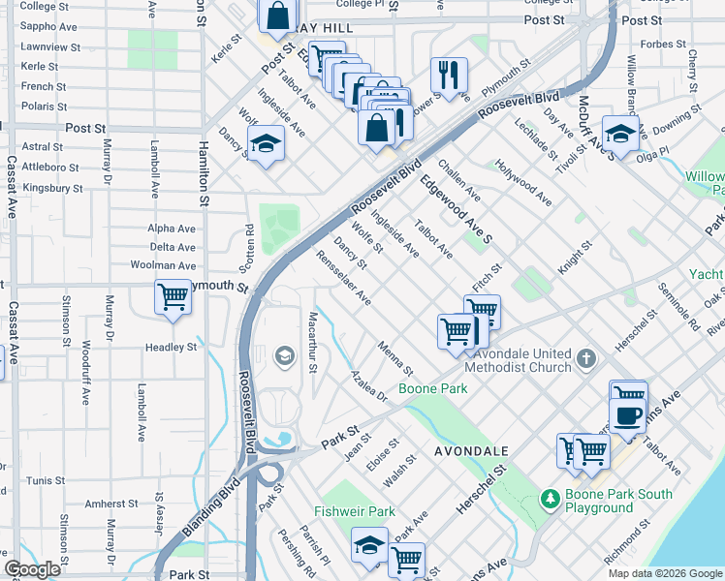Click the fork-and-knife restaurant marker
coord(449,75)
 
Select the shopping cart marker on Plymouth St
coord(173,296)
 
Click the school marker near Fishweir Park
coord(369,544)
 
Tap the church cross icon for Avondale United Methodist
coord(585,359)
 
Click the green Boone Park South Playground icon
coord(551,500)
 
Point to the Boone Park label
coord(432,388)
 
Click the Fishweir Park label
coord(354,511)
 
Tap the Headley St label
coord(171,347)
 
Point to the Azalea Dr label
coord(369,384)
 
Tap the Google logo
coord(33,569)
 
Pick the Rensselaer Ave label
coord(344,278)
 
